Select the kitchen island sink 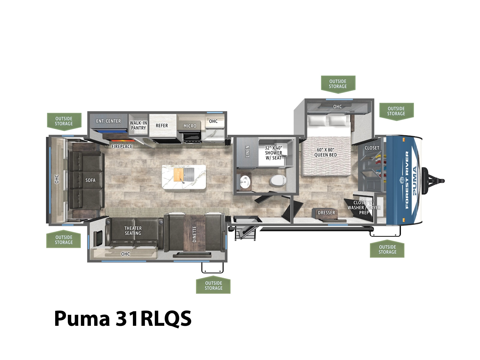click(188, 175)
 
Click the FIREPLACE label click(122, 146)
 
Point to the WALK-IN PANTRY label click(138, 125)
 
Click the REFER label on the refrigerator click(162, 126)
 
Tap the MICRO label click(190, 126)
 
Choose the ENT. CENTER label click(109, 121)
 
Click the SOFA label click(90, 180)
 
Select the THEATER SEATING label click(133, 231)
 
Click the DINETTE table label click(194, 234)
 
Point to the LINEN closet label click(247, 151)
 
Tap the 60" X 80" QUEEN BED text click(325, 152)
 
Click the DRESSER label click(326, 213)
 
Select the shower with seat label click(274, 153)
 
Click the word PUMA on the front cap click(415, 181)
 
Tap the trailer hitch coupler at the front click(433, 181)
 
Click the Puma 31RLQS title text click(123, 319)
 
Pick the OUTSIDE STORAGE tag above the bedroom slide click(338, 84)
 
